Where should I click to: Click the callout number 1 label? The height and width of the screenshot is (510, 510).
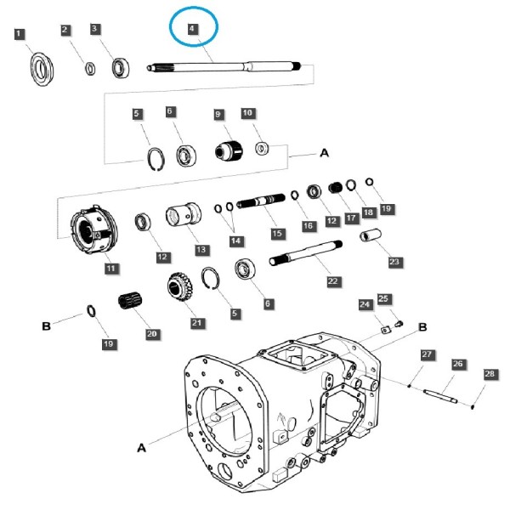(x=20, y=34)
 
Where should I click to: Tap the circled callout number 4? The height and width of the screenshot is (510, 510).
(x=193, y=29)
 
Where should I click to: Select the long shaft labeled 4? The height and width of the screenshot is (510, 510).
(x=224, y=66)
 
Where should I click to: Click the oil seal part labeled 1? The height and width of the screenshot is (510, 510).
(x=42, y=69)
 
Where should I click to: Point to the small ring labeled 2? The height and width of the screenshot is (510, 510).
(x=90, y=68)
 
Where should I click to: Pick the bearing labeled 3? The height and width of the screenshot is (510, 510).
(x=121, y=68)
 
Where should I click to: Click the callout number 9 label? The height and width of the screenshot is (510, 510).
(x=218, y=115)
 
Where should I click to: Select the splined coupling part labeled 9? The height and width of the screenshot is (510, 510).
(x=229, y=150)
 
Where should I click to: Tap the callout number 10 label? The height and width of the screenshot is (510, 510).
(x=248, y=113)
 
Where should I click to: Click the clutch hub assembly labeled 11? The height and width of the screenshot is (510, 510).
(x=94, y=229)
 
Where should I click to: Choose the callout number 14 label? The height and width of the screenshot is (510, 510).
(x=235, y=241)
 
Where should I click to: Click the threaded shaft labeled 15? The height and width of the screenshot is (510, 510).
(x=261, y=201)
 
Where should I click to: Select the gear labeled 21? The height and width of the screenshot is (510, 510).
(x=180, y=286)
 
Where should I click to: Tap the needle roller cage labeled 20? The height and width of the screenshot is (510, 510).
(x=130, y=302)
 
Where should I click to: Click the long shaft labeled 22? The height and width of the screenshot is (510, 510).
(x=306, y=252)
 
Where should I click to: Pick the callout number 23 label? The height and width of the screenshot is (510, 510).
(x=394, y=262)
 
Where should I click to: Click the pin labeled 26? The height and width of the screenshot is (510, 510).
(x=440, y=396)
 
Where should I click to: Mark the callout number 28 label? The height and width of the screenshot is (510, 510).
(x=490, y=374)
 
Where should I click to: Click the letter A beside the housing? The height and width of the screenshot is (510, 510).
(x=141, y=448)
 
